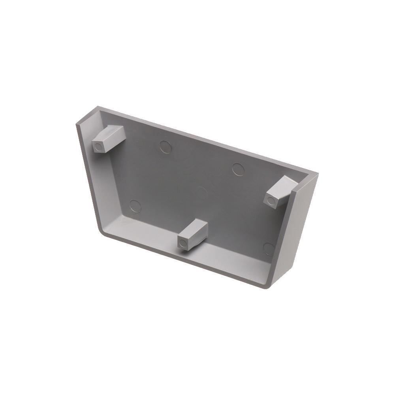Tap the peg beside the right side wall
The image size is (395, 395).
(x=280, y=192)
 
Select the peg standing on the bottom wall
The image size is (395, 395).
(x=192, y=235)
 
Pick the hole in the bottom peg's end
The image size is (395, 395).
(x=182, y=243)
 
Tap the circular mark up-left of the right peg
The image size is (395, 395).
(x=238, y=169)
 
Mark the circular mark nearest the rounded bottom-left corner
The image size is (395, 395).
(x=135, y=205)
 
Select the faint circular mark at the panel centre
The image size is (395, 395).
(x=202, y=193)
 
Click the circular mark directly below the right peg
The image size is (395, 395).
(x=269, y=248)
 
